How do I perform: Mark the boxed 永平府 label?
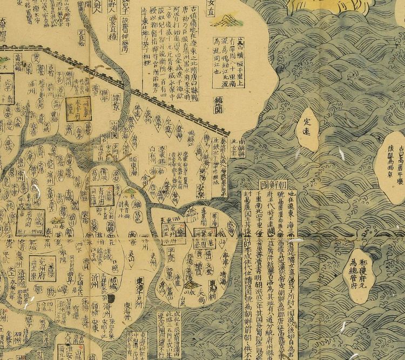click(75, 108)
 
